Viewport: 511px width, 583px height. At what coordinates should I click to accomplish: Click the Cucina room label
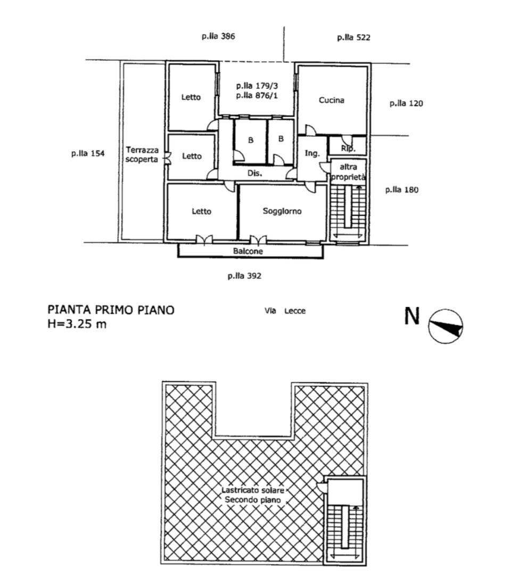(332, 100)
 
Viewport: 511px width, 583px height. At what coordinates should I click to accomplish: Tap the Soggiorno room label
(282, 211)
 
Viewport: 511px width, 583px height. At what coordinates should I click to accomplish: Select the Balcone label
(248, 251)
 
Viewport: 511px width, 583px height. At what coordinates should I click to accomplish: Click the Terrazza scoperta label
(142, 155)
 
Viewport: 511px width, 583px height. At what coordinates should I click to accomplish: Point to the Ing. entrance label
(312, 153)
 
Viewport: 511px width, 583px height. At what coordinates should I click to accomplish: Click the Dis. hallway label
(255, 173)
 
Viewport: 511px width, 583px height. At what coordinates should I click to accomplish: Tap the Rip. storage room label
(348, 149)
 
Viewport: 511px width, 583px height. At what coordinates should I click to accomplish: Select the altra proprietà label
(348, 172)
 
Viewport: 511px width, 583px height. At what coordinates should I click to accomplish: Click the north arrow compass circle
(446, 326)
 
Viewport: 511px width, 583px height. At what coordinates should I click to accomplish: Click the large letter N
(412, 316)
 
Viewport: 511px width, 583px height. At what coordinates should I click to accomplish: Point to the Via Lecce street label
(285, 311)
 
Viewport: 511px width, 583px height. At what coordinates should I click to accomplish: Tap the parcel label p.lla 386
(219, 36)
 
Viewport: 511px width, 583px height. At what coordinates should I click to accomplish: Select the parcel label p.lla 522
(354, 37)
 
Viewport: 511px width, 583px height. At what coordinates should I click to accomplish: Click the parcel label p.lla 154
(88, 153)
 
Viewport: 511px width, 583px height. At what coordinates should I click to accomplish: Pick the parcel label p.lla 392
(244, 276)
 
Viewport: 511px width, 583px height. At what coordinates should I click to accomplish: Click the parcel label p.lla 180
(402, 190)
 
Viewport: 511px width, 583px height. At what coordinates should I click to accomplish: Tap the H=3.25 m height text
(77, 324)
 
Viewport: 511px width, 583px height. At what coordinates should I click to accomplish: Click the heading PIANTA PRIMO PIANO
(111, 310)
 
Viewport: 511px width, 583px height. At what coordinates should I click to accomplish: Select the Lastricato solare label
(253, 490)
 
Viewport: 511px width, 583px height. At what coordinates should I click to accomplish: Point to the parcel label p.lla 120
(406, 103)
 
